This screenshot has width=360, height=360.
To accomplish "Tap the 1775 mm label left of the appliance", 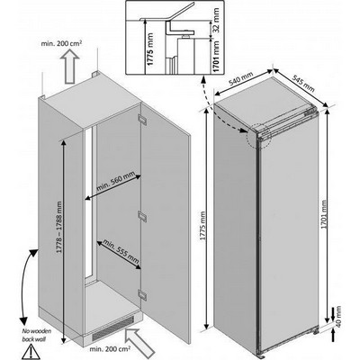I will tap(205, 220).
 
